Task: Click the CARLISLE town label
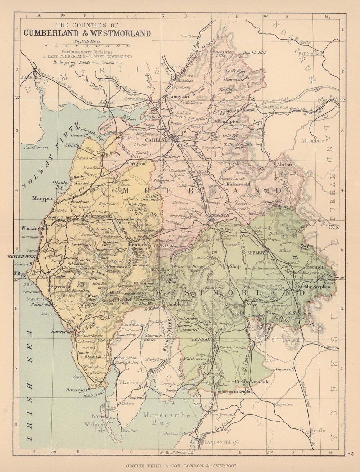click(x=158, y=140)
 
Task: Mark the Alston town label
click(x=283, y=165)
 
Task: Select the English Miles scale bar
click(x=86, y=46)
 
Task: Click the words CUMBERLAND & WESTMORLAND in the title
click(x=87, y=33)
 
